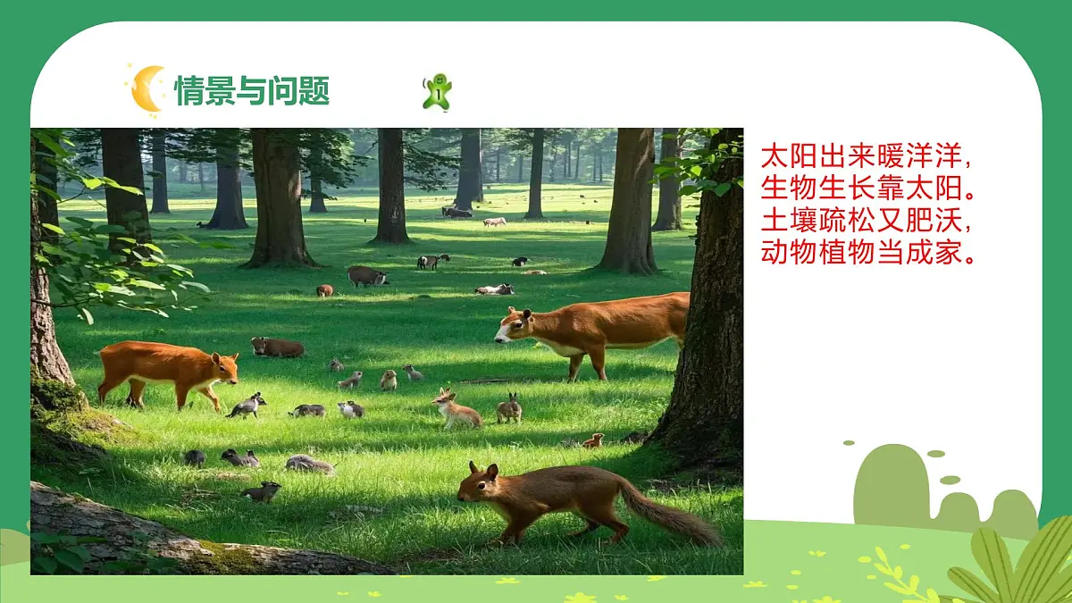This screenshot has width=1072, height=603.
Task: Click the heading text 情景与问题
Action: click(252, 90)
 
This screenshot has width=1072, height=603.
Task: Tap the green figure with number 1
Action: click(437, 92)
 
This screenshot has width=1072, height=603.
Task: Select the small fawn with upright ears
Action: click(455, 411)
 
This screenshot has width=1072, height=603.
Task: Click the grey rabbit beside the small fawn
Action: click(510, 410)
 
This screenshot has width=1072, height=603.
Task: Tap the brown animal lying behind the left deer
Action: click(277, 348)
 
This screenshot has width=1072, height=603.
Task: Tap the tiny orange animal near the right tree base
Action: click(593, 440)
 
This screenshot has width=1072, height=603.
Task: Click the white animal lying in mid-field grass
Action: click(495, 289)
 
